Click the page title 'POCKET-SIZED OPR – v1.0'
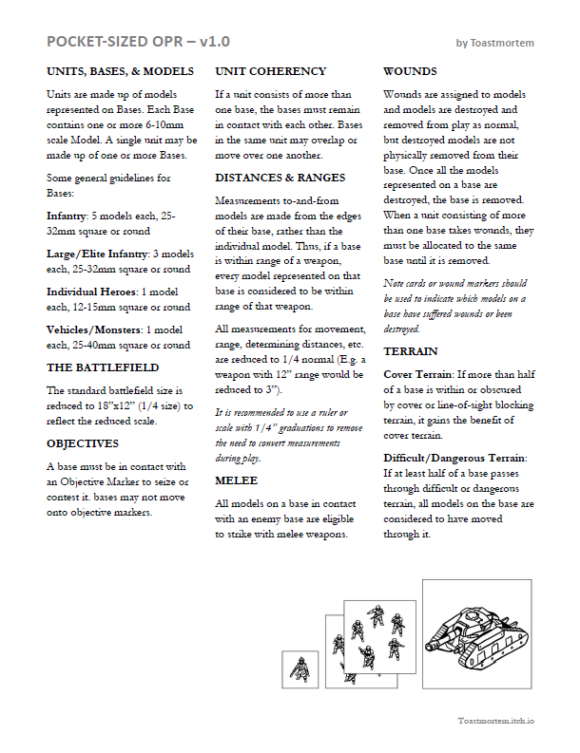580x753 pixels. pyautogui.click(x=137, y=42)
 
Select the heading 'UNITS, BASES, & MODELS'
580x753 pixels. pyautogui.click(x=120, y=71)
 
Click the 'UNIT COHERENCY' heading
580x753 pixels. pyautogui.click(x=271, y=71)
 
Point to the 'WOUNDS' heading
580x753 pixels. pyautogui.click(x=410, y=71)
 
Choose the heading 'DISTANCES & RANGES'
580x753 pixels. pyautogui.click(x=280, y=178)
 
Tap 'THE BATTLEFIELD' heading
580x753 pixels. pyautogui.click(x=103, y=367)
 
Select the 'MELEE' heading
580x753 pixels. pyautogui.click(x=237, y=480)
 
